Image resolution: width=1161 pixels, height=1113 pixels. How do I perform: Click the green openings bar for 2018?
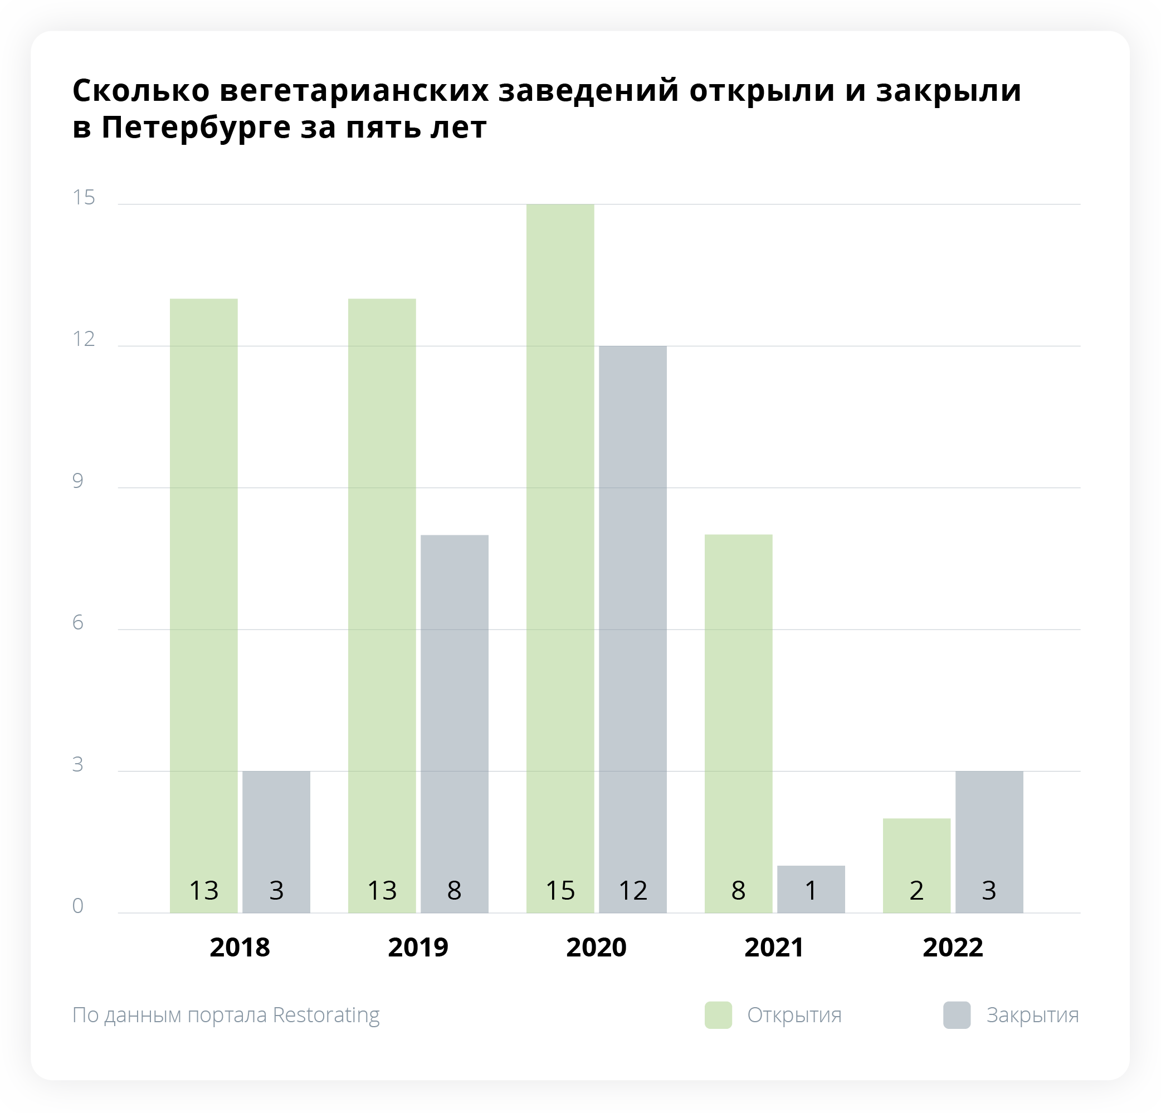point(204,592)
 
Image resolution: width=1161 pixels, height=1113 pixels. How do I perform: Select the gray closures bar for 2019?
point(455,711)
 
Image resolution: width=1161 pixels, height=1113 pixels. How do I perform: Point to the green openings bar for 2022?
point(916,853)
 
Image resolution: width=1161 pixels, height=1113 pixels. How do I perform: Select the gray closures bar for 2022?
point(989,829)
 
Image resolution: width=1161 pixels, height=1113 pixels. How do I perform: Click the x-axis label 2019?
point(418,947)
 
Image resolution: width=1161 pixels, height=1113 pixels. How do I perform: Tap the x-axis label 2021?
point(774,947)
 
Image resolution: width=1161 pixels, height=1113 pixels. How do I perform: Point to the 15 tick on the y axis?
point(84,197)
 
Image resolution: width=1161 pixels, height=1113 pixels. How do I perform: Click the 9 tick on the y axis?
point(77,480)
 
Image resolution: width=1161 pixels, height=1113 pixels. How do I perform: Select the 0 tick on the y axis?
point(77,906)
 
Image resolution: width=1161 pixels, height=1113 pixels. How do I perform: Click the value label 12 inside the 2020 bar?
point(633,890)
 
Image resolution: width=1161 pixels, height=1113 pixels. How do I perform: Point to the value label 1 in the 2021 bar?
point(811,890)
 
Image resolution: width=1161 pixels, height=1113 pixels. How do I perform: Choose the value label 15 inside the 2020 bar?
point(560,890)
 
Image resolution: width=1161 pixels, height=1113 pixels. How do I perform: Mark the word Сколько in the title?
point(141,91)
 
